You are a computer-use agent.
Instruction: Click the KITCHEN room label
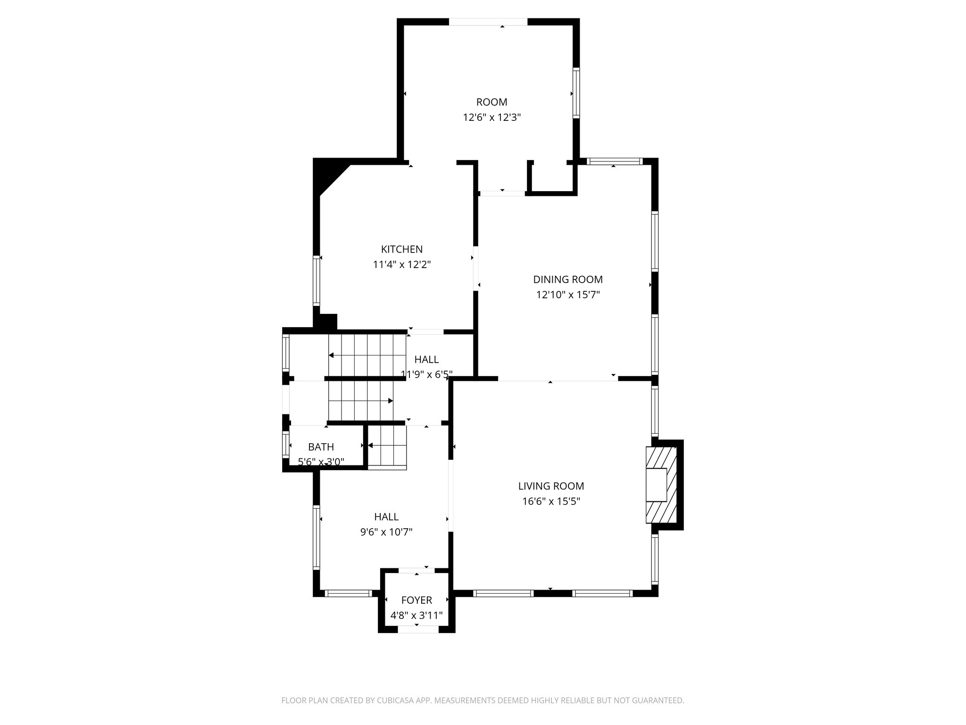click(401, 249)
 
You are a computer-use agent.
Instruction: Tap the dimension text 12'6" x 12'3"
click(491, 118)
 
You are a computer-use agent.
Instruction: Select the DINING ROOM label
click(567, 279)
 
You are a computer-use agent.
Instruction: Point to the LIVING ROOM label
click(550, 486)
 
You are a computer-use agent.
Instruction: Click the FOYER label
click(416, 600)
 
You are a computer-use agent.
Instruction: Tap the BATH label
click(321, 447)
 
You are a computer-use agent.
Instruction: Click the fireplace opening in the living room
click(656, 485)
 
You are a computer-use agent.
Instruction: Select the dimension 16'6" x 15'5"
click(550, 501)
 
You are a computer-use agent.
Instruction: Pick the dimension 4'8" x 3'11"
click(416, 615)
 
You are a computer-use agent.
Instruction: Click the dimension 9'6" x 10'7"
click(386, 532)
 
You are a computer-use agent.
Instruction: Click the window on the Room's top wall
click(487, 22)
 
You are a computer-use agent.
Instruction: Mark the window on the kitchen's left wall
click(316, 281)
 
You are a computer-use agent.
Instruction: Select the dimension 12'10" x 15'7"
click(567, 295)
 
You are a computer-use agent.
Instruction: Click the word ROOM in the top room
click(491, 102)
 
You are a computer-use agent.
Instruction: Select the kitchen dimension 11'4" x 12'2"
click(401, 265)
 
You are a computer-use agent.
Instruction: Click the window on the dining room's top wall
click(615, 161)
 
